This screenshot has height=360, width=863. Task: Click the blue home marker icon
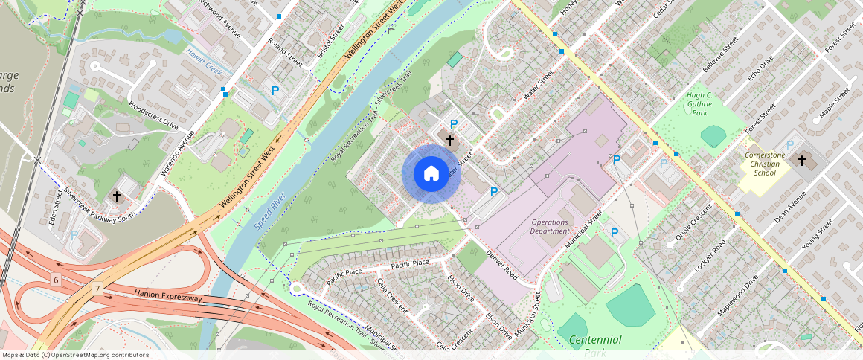tap(431, 173)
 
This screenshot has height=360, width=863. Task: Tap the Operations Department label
tap(550, 227)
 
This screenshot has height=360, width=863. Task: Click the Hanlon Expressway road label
tap(168, 296)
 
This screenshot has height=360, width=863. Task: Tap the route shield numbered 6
tap(56, 280)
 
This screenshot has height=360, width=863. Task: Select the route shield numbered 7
tap(97, 288)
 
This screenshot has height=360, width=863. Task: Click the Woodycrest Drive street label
tap(153, 115)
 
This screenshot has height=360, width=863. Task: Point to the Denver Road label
tap(501, 263)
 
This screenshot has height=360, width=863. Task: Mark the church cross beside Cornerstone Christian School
tap(802, 160)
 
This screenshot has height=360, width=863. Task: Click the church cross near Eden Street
tap(117, 196)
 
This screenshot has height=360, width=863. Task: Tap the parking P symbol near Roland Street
tap(275, 90)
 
